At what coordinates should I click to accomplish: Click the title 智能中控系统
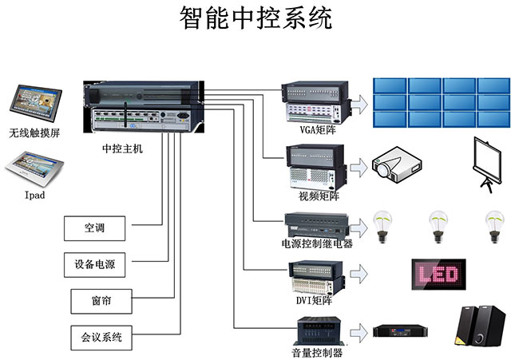[255, 18]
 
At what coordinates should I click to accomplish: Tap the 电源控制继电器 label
[317, 243]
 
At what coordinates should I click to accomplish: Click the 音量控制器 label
[316, 352]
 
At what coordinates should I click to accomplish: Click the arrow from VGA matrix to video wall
[360, 102]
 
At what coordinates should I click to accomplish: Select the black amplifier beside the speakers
[409, 330]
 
